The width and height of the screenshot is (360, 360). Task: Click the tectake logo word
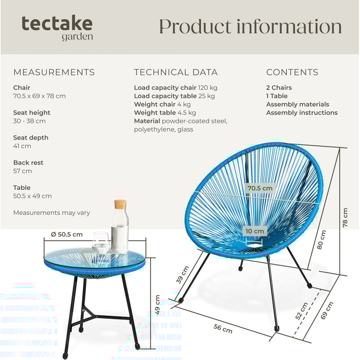tap(57, 24)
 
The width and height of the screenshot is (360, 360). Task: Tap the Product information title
tap(250, 27)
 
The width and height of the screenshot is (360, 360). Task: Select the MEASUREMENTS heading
tap(54, 72)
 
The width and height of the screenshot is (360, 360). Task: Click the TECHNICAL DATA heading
tap(176, 72)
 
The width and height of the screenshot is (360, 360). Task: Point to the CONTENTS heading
tap(292, 72)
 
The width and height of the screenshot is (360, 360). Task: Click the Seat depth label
tap(31, 138)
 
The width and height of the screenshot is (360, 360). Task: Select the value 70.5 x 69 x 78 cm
tap(39, 96)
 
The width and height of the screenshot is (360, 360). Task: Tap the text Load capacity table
tap(165, 96)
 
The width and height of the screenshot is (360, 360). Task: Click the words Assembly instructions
tap(302, 113)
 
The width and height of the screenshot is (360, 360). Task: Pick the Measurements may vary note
tap(51, 213)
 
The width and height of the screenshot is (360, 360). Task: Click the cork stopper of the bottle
tap(120, 204)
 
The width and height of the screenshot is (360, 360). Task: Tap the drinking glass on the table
tap(101, 243)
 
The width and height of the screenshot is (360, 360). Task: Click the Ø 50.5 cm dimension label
tap(67, 234)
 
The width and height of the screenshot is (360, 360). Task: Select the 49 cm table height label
tap(157, 305)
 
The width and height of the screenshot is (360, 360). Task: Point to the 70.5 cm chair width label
tap(260, 188)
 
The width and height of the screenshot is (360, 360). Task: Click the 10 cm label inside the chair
tap(255, 231)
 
